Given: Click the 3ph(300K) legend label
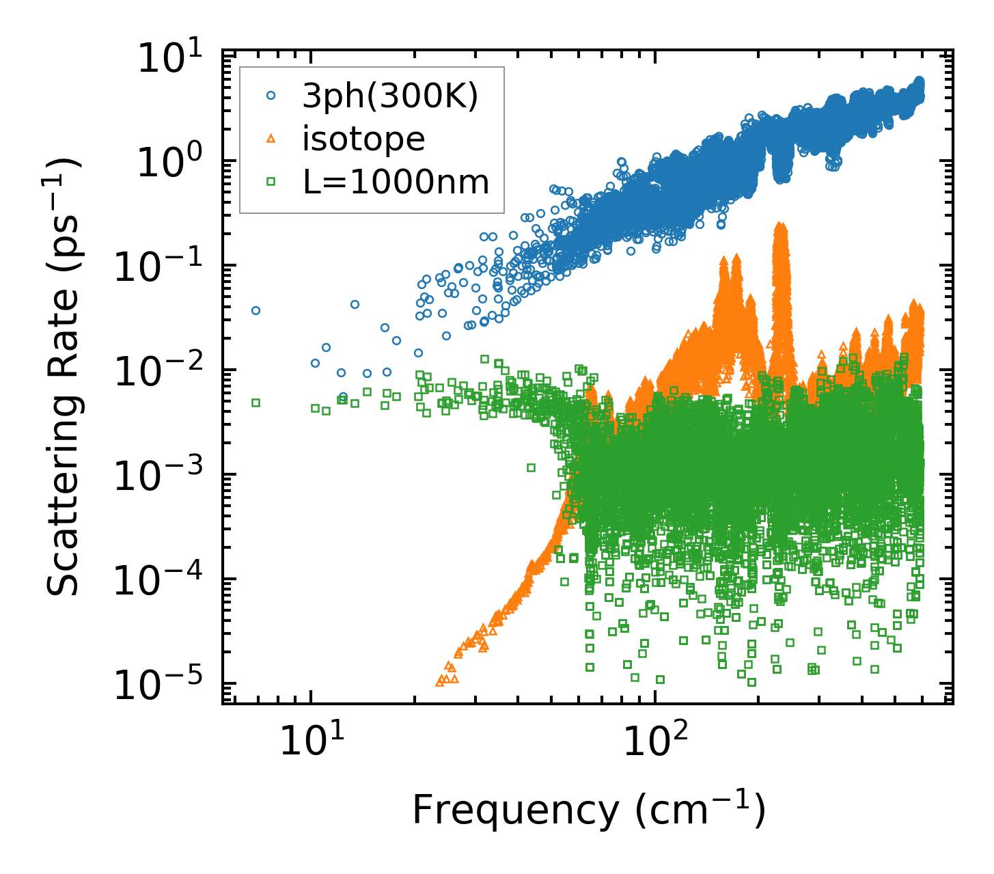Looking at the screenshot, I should pos(390,97).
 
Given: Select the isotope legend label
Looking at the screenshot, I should pos(363,139).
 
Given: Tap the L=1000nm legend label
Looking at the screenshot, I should pos(396,182).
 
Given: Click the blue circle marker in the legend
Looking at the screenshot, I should pos(271,97).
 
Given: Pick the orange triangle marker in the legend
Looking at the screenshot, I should pos(271,139).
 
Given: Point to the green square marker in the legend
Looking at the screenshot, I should pos(271,182).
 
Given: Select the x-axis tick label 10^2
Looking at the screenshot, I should pos(652,741).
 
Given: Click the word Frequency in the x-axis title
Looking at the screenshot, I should pos(514,811).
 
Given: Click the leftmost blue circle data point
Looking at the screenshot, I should pos(256,310).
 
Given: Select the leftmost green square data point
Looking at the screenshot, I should pos(256,402).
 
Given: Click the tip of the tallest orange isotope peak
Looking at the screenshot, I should pos(779,225).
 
